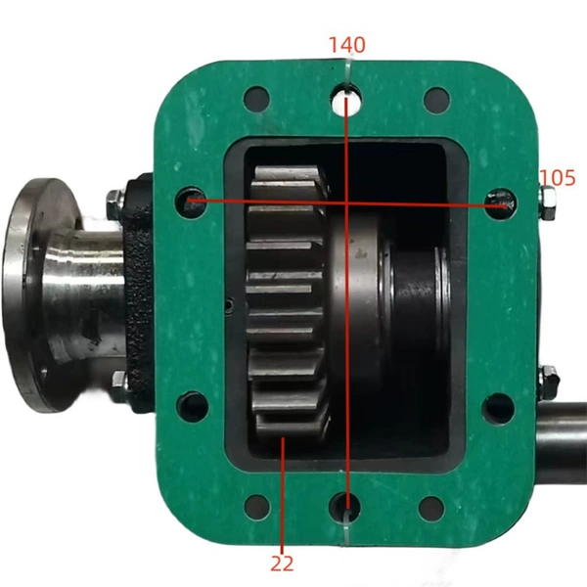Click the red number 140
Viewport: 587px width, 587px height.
346,45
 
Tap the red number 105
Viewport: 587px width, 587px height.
558,178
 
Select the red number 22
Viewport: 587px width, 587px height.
282,564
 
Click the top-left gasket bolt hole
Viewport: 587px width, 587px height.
256,99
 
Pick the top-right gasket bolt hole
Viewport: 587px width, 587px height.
437,100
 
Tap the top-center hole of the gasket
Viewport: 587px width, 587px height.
346,99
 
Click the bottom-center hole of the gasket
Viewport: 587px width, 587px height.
344,508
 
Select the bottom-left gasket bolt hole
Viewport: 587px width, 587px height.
257,507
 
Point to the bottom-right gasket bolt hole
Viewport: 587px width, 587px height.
431,509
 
